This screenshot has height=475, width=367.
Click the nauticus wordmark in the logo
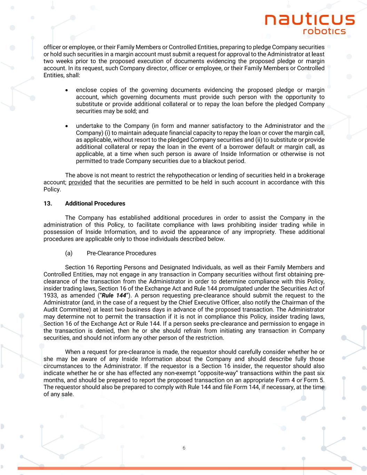(310, 19)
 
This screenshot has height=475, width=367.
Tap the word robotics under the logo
(324, 31)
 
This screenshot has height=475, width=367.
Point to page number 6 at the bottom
(184, 448)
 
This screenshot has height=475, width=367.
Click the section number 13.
(48, 203)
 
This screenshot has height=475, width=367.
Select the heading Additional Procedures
(95, 203)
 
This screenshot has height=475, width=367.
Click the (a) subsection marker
(69, 253)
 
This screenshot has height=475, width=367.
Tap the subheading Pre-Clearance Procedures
(121, 253)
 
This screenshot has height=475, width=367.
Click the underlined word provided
(80, 182)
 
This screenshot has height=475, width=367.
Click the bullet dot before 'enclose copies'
(67, 90)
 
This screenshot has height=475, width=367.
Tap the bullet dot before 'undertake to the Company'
(67, 126)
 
